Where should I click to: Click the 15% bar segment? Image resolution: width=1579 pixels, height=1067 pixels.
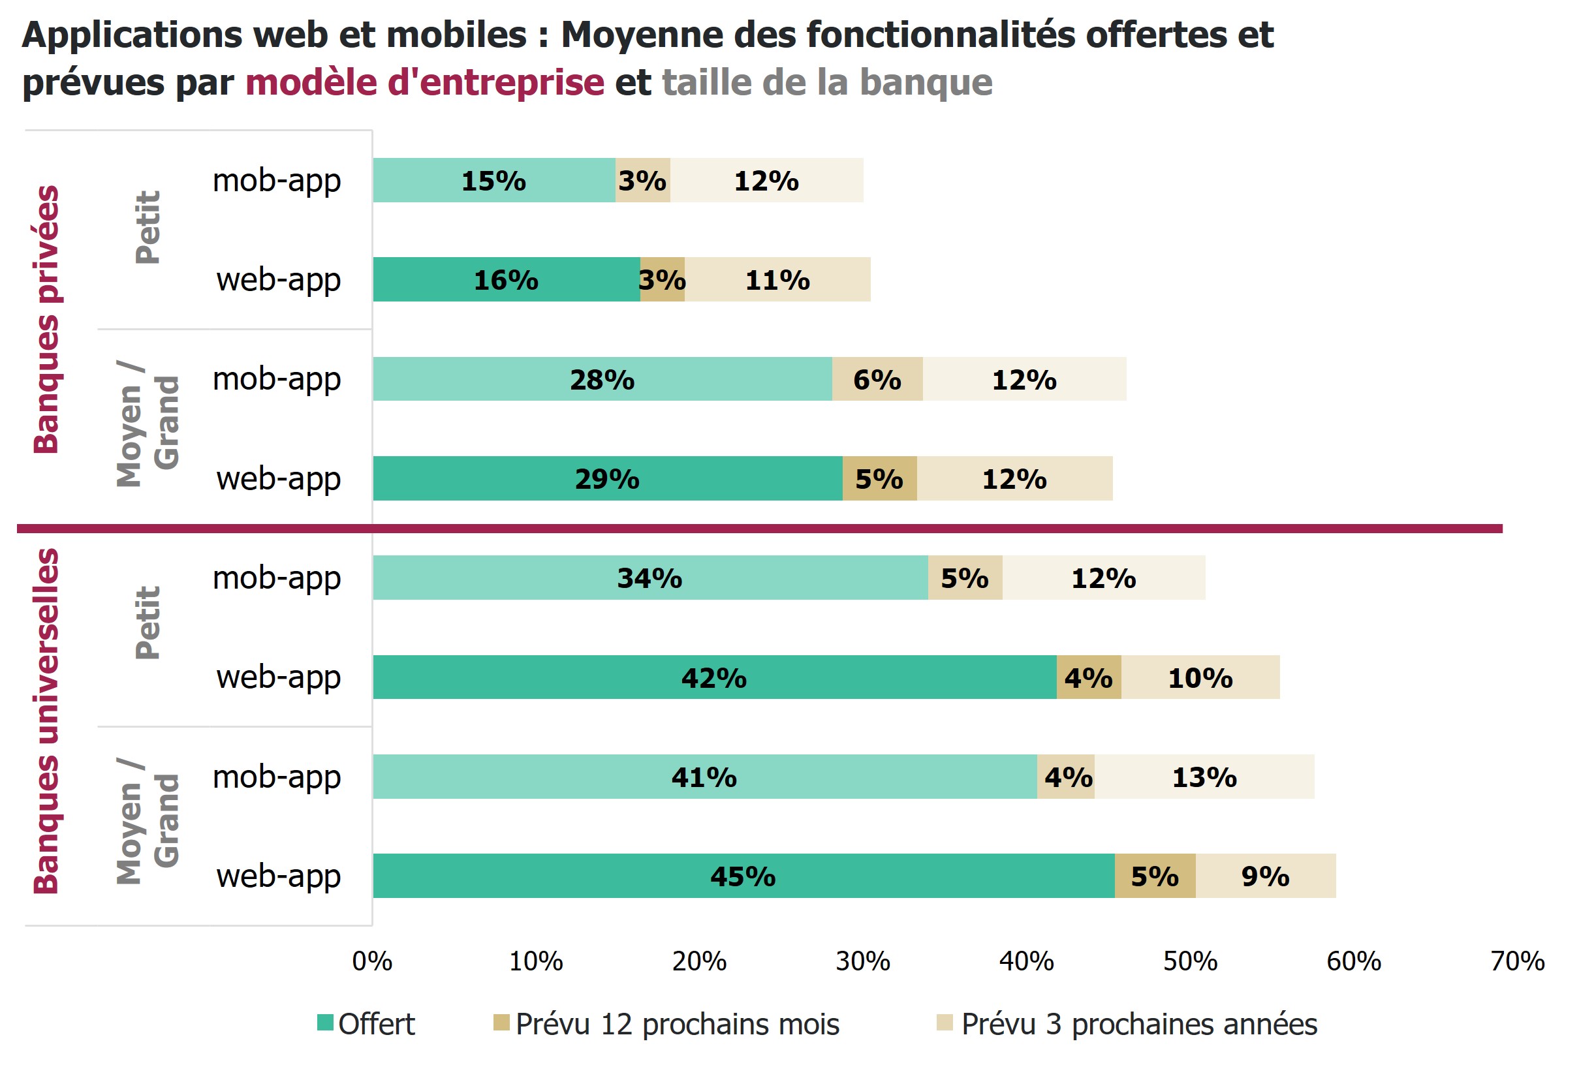tap(494, 181)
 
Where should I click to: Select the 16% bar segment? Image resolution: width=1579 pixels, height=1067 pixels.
tap(506, 280)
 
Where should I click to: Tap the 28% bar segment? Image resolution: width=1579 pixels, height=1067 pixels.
tap(602, 379)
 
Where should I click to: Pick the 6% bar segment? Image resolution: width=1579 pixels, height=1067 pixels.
tap(877, 379)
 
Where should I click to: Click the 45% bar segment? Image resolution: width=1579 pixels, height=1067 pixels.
tap(743, 876)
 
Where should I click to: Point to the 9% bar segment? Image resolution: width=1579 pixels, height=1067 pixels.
tap(1265, 876)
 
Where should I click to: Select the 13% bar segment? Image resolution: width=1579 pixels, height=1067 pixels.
tap(1204, 777)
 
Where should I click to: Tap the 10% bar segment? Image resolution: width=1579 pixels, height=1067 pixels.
tap(1200, 678)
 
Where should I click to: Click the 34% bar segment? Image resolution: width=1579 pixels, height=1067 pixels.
tap(649, 578)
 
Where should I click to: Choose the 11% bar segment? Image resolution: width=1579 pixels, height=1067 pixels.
tap(777, 280)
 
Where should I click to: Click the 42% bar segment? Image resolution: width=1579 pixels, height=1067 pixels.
tap(714, 678)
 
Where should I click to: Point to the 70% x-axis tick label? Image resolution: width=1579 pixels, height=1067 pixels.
tap(1517, 962)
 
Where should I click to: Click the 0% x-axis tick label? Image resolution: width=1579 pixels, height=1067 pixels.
tap(372, 962)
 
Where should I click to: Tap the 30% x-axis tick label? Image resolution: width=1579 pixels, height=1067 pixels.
tap(863, 962)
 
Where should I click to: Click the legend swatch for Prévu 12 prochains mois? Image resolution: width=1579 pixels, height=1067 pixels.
tap(501, 1022)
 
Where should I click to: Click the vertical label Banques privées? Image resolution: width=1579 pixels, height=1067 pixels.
tap(47, 319)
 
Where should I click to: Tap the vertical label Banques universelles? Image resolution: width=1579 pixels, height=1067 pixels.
tap(47, 720)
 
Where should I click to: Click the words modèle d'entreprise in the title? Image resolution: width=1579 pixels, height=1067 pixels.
tap(425, 83)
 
